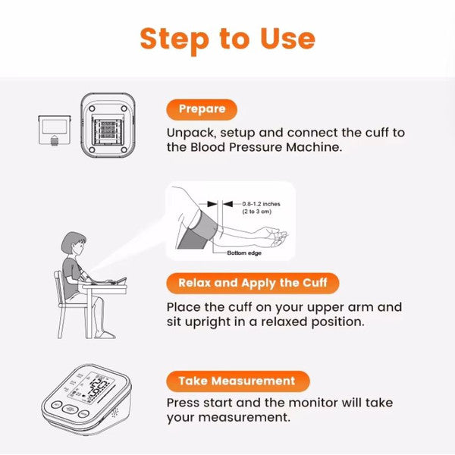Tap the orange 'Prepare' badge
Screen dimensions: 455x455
pyautogui.click(x=202, y=109)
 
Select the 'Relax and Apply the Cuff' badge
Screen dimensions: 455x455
pyautogui.click(x=253, y=284)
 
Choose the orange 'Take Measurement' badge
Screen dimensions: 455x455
pyautogui.click(x=237, y=381)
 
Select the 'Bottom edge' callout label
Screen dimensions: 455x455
pyautogui.click(x=243, y=253)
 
